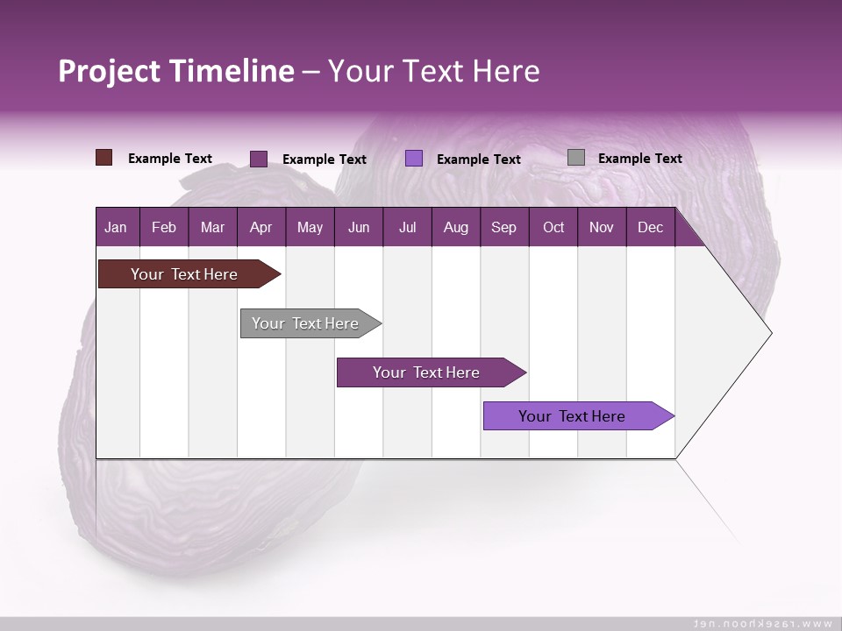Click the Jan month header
coord(116,228)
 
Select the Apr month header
coord(260,228)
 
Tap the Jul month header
coord(407,228)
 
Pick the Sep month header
coord(503,228)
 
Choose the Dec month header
coord(650,228)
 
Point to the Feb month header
coord(164,228)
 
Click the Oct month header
coord(553,228)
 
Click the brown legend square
coord(103,158)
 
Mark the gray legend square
coord(576,158)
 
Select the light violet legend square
coord(414,159)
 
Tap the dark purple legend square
coord(259,159)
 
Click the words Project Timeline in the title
coord(176,71)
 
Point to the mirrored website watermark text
coord(763,623)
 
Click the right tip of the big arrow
coord(769,333)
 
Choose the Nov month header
coord(601,228)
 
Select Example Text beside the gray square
coord(639,159)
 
